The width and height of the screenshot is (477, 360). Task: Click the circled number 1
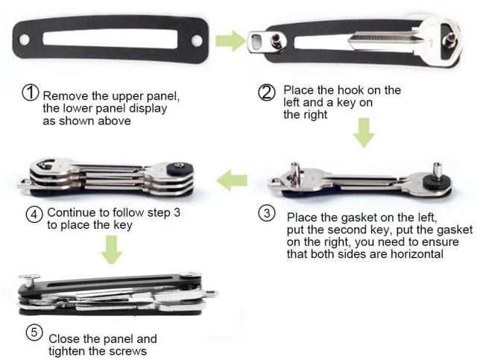point(31,92)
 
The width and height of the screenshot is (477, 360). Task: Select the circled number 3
point(267,213)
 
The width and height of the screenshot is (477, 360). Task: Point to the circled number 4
point(34,215)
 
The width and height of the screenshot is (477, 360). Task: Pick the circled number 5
point(34,332)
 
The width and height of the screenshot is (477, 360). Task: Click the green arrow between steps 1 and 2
point(230,40)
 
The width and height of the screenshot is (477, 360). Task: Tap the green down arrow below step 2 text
point(364,133)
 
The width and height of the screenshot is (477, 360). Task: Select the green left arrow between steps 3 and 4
point(232,180)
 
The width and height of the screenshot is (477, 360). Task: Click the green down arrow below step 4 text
point(112,250)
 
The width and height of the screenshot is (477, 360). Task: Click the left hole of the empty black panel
point(25,40)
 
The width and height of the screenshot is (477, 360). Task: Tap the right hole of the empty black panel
point(197,40)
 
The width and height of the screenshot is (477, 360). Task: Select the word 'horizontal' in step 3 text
point(417,254)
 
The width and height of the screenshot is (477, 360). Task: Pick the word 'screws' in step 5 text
point(127,351)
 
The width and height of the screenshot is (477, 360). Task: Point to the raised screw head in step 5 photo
point(29,280)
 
